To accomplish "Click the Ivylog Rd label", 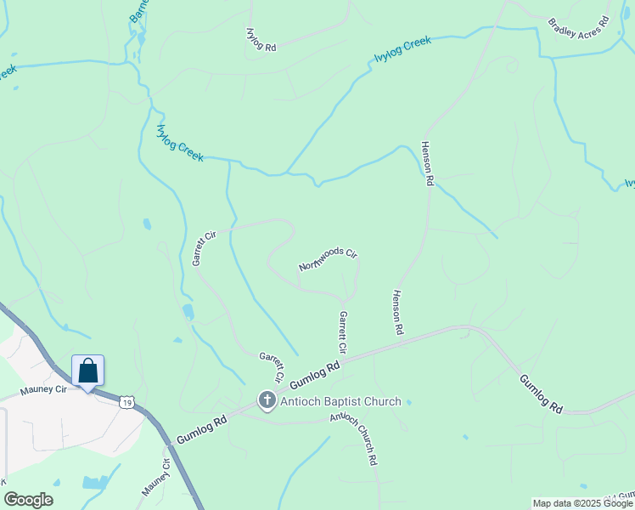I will pos(261,41).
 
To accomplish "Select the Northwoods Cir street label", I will pos(329,259).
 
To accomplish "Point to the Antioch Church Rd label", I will pos(353,439).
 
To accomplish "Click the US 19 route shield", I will pos(126,401).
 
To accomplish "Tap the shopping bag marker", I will pos(87,371).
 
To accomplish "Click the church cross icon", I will pos(267,400).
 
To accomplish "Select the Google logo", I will pos(28,500).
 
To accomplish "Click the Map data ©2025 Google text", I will pos(583,503).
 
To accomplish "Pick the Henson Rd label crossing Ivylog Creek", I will pos(428,163).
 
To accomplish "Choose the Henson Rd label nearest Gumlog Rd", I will pos(396,311).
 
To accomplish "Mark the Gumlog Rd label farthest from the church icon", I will pos(541,394).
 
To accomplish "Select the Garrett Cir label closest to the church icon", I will pos(272,366).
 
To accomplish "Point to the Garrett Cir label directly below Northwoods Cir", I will pos(343,331).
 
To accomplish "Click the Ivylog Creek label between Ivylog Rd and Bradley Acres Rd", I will pos(403,50).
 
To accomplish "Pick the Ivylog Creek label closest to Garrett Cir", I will pos(180,143).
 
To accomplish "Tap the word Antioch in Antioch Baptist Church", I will pos(302,401).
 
